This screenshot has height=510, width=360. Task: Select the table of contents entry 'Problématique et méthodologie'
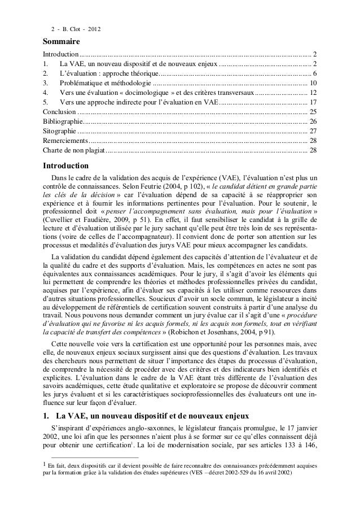coord(106,82)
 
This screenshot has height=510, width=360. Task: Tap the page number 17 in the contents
coord(313,102)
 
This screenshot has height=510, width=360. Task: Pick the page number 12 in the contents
coord(313,92)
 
